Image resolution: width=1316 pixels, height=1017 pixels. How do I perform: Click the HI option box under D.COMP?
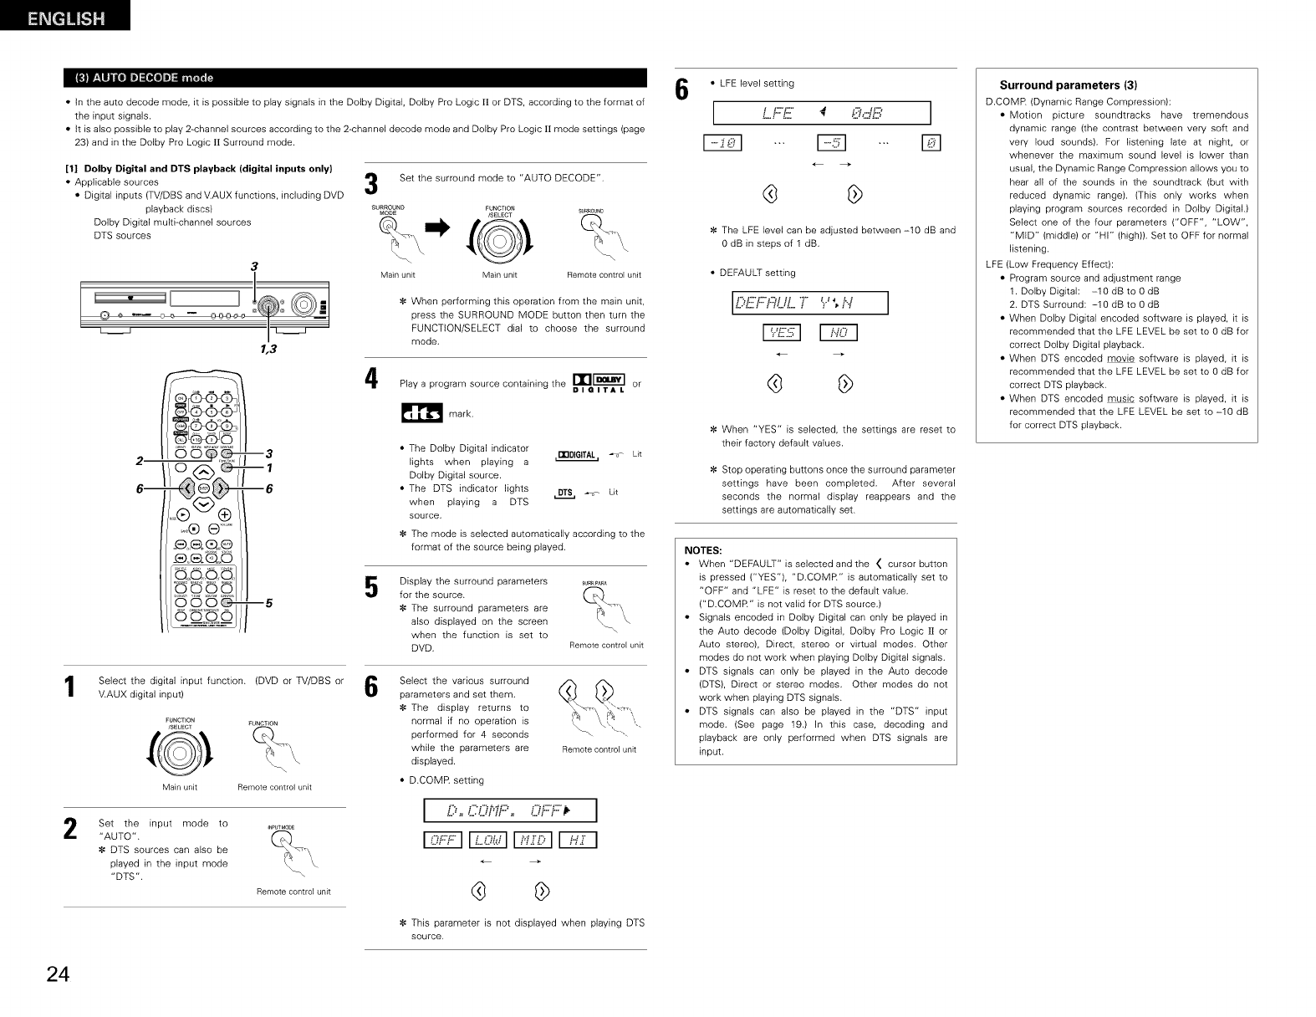577,841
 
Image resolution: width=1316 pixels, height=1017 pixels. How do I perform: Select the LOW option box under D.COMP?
488,841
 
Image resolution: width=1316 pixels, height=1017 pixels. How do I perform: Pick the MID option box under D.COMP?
533,841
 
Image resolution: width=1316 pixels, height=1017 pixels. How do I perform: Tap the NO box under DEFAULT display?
839,334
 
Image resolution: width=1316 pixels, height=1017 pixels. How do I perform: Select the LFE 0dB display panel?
821,113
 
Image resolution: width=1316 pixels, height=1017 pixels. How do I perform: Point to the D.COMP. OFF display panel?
510,810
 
